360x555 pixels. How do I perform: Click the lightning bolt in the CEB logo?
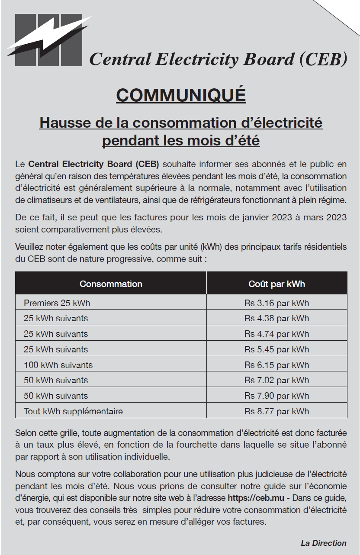pyautogui.click(x=48, y=37)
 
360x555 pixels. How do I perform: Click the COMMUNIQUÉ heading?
pyautogui.click(x=181, y=95)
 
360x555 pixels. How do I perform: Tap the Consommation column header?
pyautogui.click(x=111, y=284)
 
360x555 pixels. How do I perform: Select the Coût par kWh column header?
pyautogui.click(x=276, y=284)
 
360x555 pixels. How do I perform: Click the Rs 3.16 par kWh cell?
pyautogui.click(x=276, y=303)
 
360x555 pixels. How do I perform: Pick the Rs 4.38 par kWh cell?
pyautogui.click(x=276, y=319)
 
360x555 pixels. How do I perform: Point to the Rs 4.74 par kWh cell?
pyautogui.click(x=276, y=334)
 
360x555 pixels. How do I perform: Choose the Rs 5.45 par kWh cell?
pyautogui.click(x=276, y=349)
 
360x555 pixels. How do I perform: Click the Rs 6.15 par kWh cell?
pyautogui.click(x=276, y=365)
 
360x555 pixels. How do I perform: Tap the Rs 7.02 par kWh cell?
pyautogui.click(x=276, y=380)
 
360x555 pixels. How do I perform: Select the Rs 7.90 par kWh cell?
pyautogui.click(x=276, y=396)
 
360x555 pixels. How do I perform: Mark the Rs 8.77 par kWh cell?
pyautogui.click(x=276, y=411)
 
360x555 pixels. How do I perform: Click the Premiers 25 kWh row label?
pyautogui.click(x=57, y=303)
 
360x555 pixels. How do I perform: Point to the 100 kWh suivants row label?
pyautogui.click(x=58, y=365)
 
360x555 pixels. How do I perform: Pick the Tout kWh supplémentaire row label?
pyautogui.click(x=73, y=411)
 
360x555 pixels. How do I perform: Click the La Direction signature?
pyautogui.click(x=324, y=543)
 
